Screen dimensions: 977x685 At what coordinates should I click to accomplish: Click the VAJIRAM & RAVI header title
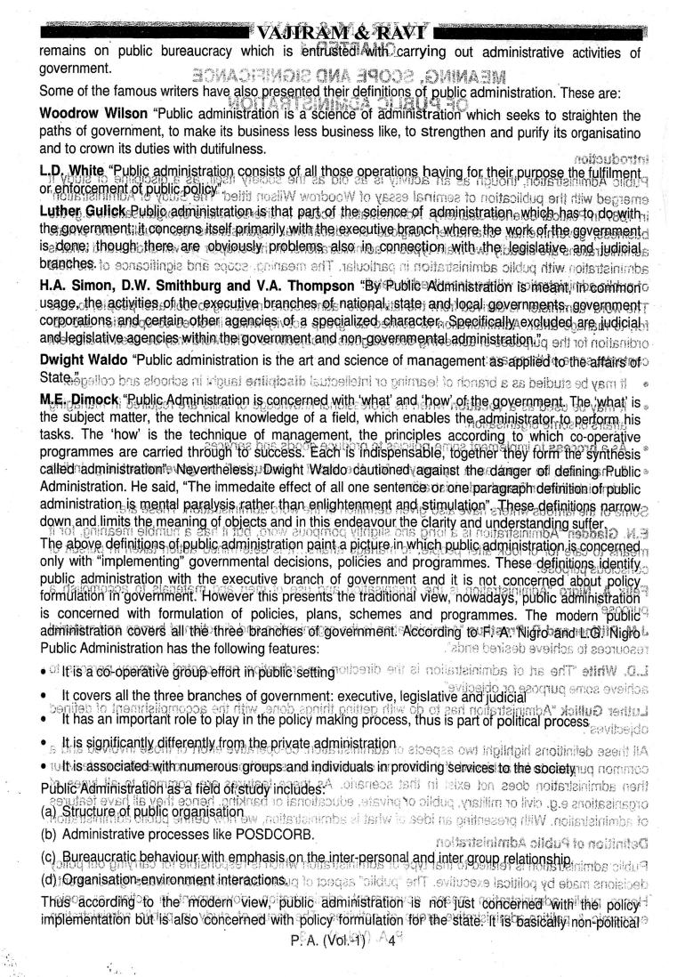[x=342, y=10]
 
